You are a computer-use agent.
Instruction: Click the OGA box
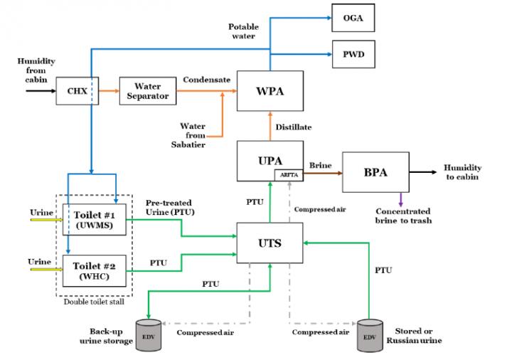[353, 18]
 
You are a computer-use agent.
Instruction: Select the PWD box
[353, 53]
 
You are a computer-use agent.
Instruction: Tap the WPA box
[270, 90]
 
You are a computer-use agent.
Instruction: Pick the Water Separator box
[147, 90]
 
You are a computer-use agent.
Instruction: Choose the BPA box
[375, 172]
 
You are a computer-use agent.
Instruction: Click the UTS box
[270, 243]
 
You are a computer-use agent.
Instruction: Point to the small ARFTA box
[288, 175]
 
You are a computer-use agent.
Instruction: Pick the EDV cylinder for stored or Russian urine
[370, 335]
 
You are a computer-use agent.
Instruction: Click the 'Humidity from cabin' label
[36, 70]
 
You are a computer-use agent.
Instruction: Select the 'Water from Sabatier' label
[193, 135]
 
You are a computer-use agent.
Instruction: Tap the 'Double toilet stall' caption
[95, 301]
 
